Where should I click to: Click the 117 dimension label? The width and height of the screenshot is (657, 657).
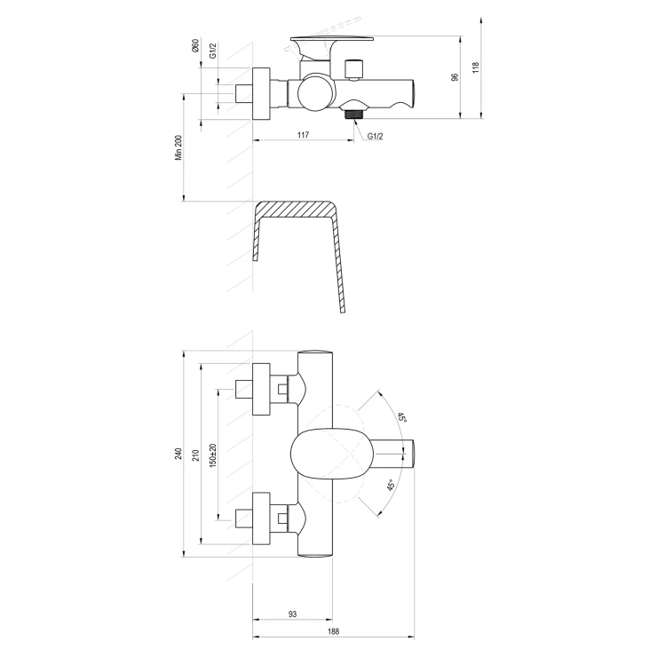click(303, 134)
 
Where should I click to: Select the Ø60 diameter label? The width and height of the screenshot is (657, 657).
click(194, 45)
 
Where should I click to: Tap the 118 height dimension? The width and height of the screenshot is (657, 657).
click(475, 67)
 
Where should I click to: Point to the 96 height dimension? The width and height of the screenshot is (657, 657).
click(455, 77)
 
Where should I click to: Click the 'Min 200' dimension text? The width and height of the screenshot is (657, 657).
click(179, 147)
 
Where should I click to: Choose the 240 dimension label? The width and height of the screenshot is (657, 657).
click(178, 454)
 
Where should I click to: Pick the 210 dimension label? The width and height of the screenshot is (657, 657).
click(195, 455)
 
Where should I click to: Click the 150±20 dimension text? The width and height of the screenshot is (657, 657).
click(213, 455)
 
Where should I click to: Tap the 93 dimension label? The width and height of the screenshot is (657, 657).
click(292, 614)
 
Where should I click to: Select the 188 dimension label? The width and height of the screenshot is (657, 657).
click(334, 631)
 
